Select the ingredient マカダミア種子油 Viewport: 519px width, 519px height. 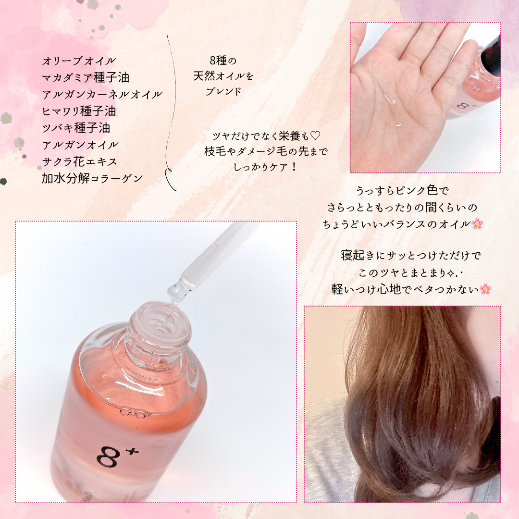coord(86,77)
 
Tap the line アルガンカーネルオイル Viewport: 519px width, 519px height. coord(102,94)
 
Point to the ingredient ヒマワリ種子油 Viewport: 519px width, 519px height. coord(79,111)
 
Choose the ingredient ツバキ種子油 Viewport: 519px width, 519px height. coord(76,128)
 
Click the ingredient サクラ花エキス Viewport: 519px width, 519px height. coord(79,161)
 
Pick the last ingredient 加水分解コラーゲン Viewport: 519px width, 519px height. coord(92,178)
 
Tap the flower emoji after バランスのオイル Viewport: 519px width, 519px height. coord(477,223)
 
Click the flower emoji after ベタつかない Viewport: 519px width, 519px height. coord(486,289)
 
